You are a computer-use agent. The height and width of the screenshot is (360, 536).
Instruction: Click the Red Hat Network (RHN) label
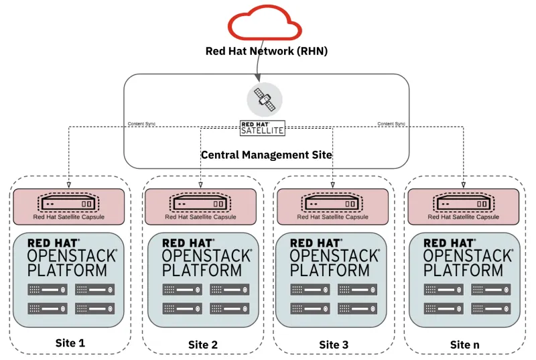(267, 52)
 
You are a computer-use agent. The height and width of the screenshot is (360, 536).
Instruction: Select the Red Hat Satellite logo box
(263, 128)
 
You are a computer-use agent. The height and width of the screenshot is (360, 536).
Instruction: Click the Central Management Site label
(267, 155)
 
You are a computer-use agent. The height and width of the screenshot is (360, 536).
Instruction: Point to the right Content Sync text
(391, 124)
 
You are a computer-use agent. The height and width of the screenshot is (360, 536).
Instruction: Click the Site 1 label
(70, 343)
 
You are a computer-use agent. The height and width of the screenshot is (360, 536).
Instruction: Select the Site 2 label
(202, 345)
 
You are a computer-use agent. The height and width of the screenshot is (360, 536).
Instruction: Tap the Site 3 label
(334, 345)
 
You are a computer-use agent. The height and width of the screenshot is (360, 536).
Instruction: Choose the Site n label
(464, 345)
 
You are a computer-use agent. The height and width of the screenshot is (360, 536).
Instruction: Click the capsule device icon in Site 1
(68, 203)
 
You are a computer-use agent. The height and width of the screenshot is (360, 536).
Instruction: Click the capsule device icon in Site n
(464, 203)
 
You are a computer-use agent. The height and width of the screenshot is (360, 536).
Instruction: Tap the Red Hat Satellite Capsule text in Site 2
(200, 217)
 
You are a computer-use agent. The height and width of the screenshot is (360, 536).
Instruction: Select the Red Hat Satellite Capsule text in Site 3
(332, 217)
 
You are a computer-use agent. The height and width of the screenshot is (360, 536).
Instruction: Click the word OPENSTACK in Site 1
(72, 255)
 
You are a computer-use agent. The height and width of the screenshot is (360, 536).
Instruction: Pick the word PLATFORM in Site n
(463, 270)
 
